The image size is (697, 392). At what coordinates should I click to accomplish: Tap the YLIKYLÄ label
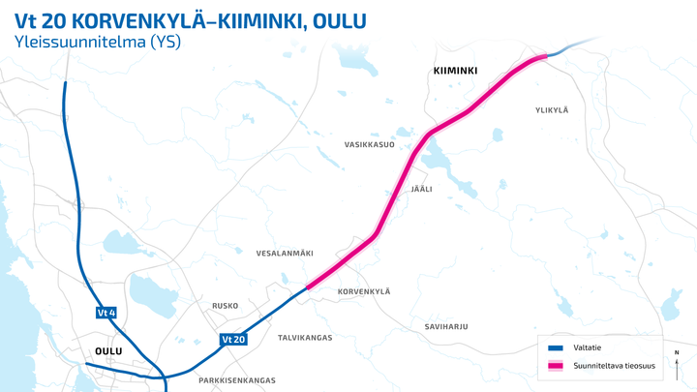point(552,110)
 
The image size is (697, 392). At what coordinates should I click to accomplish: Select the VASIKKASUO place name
point(370,144)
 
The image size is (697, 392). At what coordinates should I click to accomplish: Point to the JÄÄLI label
point(421,189)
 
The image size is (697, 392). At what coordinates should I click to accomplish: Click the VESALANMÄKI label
point(285,253)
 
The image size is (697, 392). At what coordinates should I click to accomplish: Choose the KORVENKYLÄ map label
point(363,291)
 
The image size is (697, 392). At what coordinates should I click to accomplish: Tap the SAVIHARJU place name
point(446,326)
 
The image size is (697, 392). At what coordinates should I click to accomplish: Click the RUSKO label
point(225,306)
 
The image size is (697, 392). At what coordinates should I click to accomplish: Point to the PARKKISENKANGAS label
point(237,380)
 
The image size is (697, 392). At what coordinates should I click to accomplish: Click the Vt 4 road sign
point(106,313)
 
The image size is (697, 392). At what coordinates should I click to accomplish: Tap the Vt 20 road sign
point(233,340)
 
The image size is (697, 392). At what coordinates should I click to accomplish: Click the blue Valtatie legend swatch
point(556,347)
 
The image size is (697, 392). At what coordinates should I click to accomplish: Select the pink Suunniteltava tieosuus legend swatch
point(556,366)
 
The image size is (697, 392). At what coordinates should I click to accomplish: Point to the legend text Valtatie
point(590,347)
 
